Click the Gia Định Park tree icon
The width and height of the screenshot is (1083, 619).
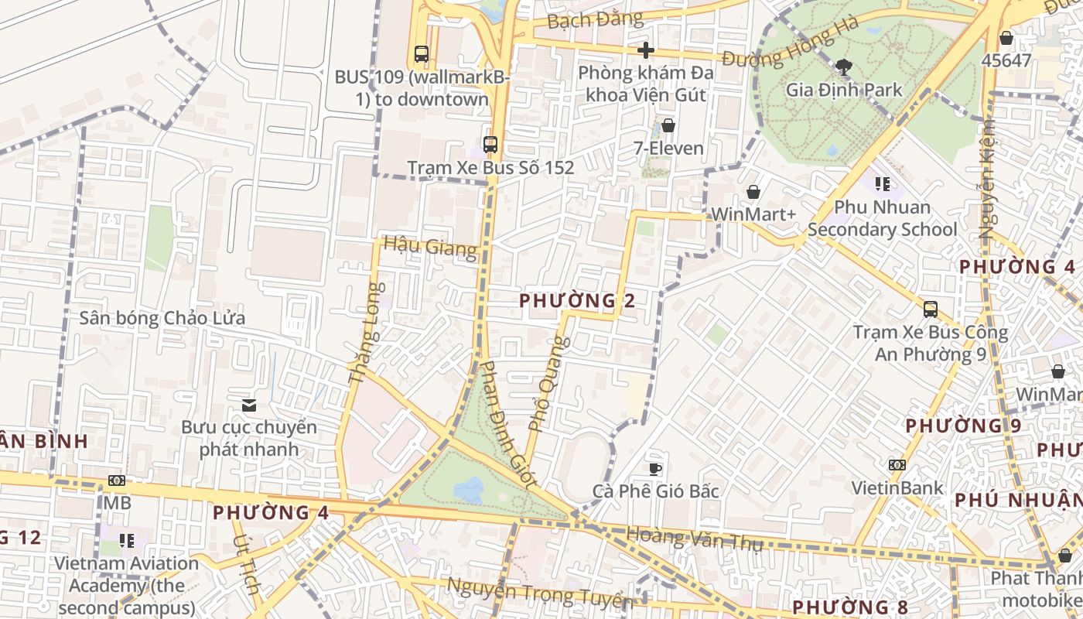(844, 67)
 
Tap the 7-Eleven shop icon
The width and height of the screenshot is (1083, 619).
(668, 125)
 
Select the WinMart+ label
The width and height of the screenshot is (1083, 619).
(753, 214)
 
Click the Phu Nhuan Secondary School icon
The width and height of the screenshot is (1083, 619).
(882, 184)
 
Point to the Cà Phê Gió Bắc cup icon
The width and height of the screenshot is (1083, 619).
(655, 468)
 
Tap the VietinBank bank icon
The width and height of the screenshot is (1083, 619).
(897, 465)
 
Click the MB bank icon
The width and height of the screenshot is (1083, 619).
(116, 480)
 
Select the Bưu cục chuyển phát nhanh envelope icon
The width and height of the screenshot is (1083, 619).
(249, 405)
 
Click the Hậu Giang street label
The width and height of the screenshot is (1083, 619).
(430, 248)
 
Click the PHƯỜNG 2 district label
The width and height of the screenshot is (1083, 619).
(577, 300)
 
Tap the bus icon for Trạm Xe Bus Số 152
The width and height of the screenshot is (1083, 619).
(490, 144)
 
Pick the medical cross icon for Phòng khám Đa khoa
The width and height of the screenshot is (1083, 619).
(646, 51)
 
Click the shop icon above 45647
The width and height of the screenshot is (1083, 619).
(1006, 38)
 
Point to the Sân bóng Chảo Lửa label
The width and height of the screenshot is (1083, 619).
(162, 318)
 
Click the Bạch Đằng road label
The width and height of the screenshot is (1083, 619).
(594, 19)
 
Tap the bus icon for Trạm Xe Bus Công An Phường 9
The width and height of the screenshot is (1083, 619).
(931, 309)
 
